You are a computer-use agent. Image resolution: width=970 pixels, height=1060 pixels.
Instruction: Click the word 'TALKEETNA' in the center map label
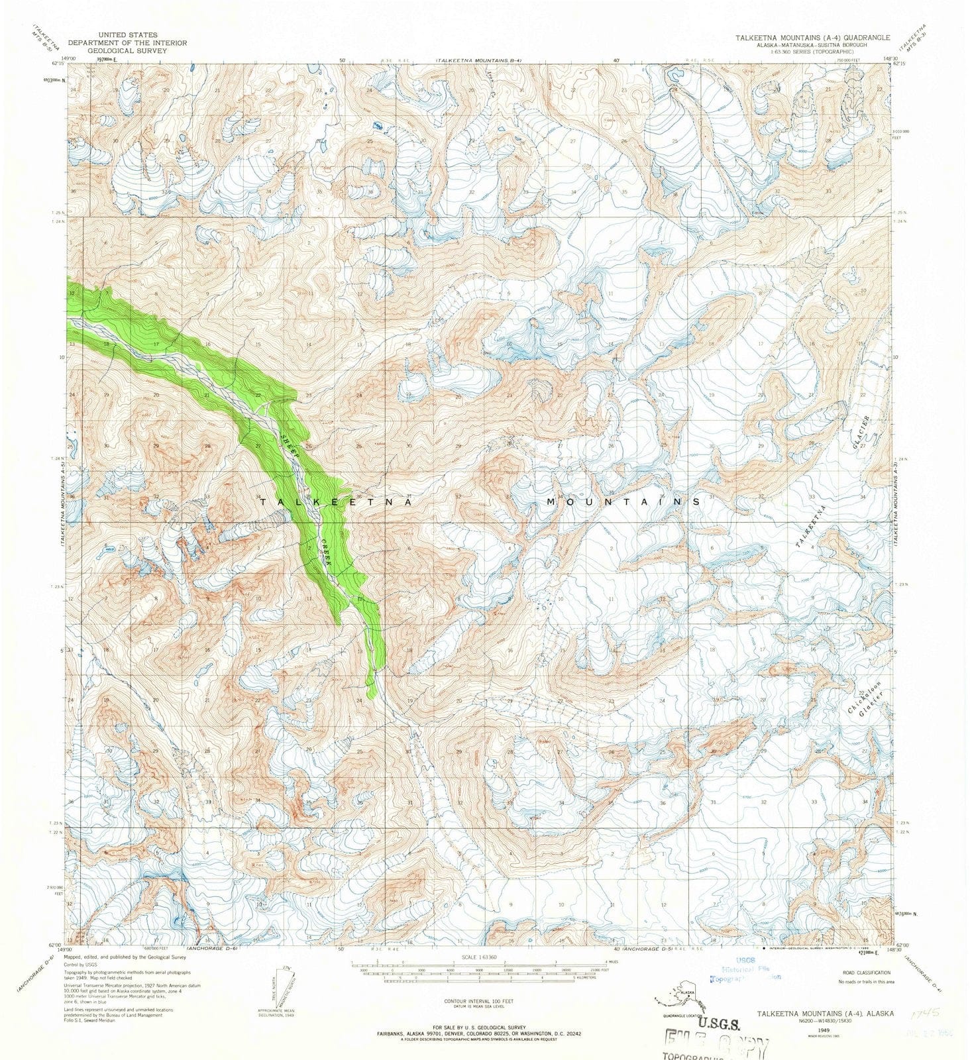336,503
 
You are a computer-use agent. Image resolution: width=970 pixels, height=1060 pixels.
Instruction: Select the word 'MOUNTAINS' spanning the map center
623,502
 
